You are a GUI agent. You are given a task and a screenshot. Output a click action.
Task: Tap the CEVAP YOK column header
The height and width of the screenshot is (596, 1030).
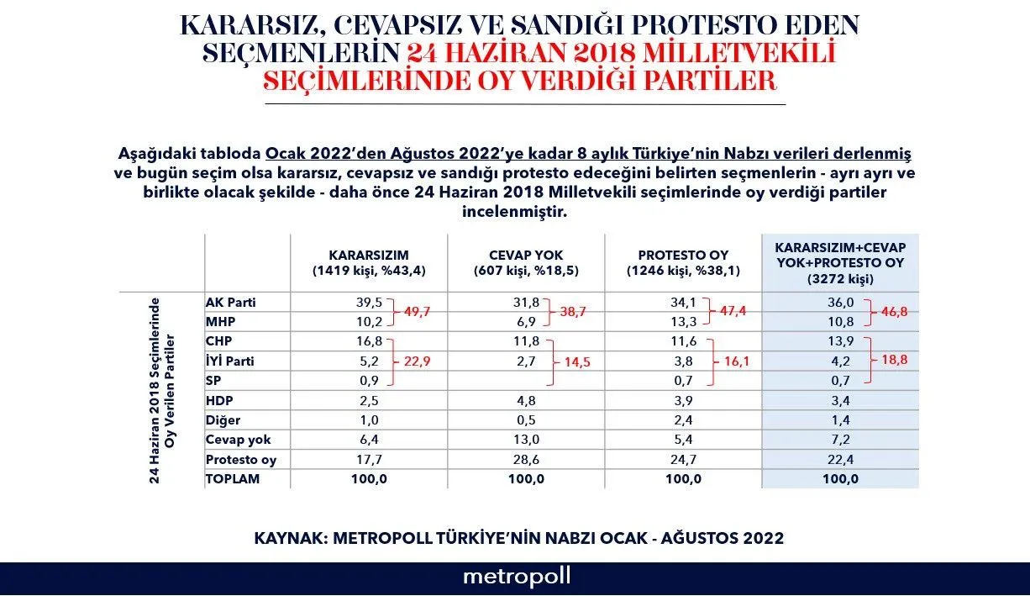coord(525,262)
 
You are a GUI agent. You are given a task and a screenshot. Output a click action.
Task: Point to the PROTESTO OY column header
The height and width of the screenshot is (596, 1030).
coord(683,262)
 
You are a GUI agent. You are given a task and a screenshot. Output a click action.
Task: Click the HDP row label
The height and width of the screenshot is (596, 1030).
coord(219,401)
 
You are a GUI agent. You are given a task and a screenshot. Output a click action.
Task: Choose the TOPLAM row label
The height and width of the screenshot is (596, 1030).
coord(233,478)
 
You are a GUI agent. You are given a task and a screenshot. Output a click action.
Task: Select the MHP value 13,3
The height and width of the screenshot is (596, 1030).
coord(682,322)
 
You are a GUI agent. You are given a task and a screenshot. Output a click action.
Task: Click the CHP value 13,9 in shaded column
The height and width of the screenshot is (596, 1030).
coord(841,342)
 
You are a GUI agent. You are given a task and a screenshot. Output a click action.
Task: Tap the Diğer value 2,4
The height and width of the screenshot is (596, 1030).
coord(682,420)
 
